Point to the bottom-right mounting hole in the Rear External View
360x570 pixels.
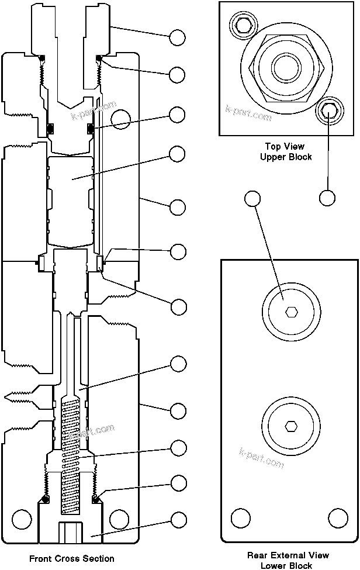tap(338, 518)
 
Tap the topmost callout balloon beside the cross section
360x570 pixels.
tap(178, 38)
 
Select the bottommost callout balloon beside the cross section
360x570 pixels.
tap(178, 519)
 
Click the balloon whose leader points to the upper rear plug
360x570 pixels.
tap(252, 198)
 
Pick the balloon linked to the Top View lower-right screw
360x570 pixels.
tap(327, 198)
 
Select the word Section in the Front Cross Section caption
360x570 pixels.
tap(99, 558)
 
